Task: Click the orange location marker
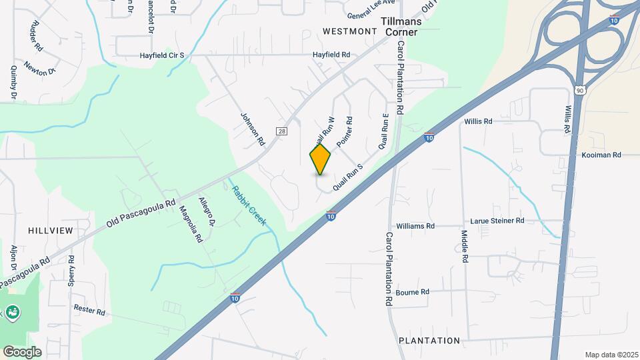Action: [320, 159]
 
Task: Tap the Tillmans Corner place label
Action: [399, 26]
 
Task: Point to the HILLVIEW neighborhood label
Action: [50, 230]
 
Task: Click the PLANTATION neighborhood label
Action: [429, 341]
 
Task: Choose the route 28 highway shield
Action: [282, 132]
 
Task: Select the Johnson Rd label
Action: [253, 129]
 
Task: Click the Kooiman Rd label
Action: [600, 155]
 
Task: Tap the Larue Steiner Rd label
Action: [497, 221]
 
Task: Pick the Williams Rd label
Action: [415, 226]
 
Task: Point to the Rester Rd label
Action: [90, 311]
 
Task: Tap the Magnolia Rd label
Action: [191, 224]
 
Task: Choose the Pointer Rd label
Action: [345, 132]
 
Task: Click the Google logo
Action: [22, 351]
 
